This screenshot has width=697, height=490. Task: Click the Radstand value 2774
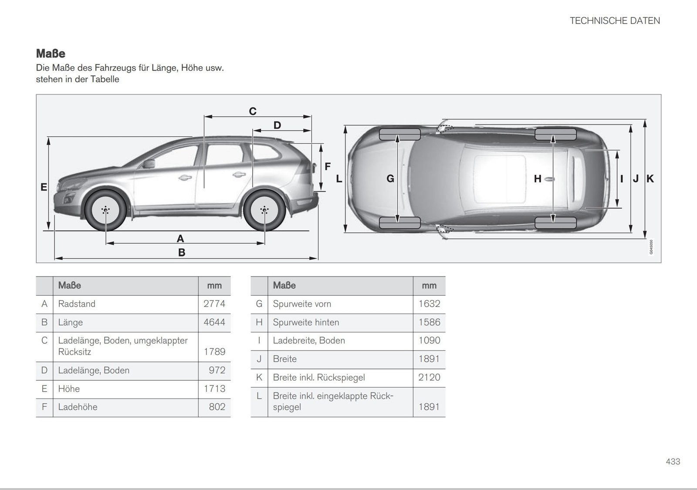pos(214,304)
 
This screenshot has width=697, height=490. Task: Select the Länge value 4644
pos(214,322)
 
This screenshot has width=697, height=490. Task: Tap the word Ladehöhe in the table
pos(78,407)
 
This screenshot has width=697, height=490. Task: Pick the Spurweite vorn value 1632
pos(429,304)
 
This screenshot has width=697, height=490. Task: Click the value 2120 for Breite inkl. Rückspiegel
pos(429,377)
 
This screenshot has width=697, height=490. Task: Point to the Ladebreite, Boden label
pos(309,341)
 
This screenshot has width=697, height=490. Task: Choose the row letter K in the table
pos(259,377)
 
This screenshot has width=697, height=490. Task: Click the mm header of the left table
pos(214,286)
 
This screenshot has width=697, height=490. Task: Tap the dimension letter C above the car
pos(253,112)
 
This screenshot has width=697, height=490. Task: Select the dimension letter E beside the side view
pos(44,187)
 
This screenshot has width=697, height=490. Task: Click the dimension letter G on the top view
pos(390,179)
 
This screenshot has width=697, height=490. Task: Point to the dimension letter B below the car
pos(182,253)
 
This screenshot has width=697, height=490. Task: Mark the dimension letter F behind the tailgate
pos(328,166)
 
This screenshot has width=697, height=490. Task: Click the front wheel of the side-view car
pos(105,210)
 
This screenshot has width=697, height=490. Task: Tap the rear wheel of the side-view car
pos(264,210)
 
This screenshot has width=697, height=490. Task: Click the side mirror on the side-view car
pos(149,164)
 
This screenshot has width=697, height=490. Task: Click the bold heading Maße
pos(51,54)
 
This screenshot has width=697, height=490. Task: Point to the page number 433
pos(673,462)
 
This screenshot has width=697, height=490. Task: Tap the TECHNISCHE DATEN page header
pos(615,21)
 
